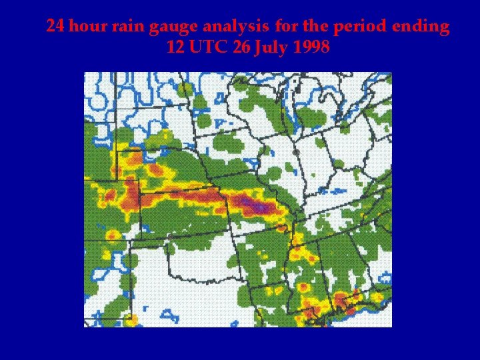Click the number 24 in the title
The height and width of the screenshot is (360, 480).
click(x=55, y=27)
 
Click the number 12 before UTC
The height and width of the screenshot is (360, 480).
click(x=176, y=48)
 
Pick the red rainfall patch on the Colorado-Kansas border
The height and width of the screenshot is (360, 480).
click(x=131, y=193)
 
